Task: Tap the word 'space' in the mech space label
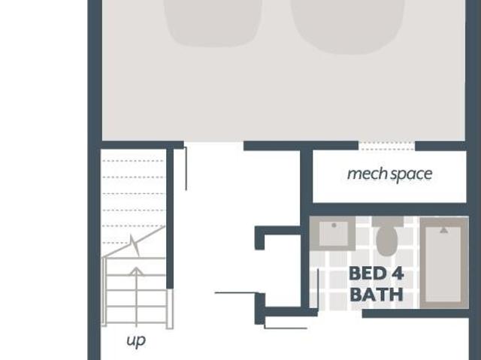click(411, 175)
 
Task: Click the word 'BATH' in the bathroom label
click(377, 295)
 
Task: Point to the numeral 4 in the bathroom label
click(398, 274)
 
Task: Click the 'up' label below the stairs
click(136, 340)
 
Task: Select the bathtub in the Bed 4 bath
click(443, 263)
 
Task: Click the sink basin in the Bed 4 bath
click(334, 234)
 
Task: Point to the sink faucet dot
click(334, 225)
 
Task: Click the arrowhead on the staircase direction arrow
click(137, 271)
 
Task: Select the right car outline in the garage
click(347, 26)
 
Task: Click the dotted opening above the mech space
click(386, 146)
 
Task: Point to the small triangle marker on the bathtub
click(443, 230)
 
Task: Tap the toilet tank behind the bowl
click(388, 222)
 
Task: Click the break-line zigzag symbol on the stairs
click(134, 245)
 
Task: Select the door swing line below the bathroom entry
click(286, 328)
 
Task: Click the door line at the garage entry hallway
click(186, 168)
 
